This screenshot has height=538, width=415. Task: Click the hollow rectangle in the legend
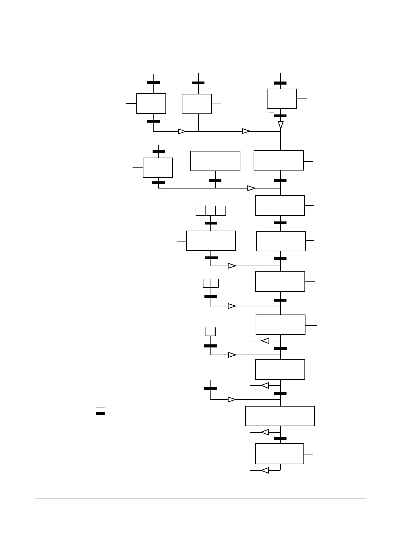[100, 405]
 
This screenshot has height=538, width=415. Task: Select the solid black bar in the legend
[100, 414]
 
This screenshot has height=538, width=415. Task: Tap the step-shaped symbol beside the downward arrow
[269, 117]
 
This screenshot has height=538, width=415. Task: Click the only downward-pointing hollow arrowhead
[280, 125]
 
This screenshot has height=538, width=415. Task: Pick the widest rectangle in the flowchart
[280, 416]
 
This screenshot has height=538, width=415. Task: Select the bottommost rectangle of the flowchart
[279, 454]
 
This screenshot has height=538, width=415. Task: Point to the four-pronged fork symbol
[211, 211]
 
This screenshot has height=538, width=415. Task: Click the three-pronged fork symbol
[211, 284]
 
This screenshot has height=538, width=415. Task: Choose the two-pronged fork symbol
[210, 332]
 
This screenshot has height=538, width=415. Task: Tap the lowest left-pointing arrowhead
[265, 470]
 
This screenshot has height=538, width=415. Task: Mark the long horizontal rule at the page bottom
[201, 499]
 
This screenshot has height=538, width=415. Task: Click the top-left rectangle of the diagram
[151, 103]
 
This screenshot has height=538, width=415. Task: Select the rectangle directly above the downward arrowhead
[282, 99]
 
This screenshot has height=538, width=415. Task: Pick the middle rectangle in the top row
[197, 104]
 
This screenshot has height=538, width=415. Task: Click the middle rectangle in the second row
[215, 161]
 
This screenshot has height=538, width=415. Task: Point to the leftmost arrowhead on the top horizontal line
[182, 131]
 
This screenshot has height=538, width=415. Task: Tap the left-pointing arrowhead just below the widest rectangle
[265, 432]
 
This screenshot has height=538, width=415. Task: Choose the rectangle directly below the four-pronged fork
[211, 241]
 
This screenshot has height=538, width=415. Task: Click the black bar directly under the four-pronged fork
[211, 223]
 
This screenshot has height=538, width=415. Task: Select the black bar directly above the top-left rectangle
[153, 83]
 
